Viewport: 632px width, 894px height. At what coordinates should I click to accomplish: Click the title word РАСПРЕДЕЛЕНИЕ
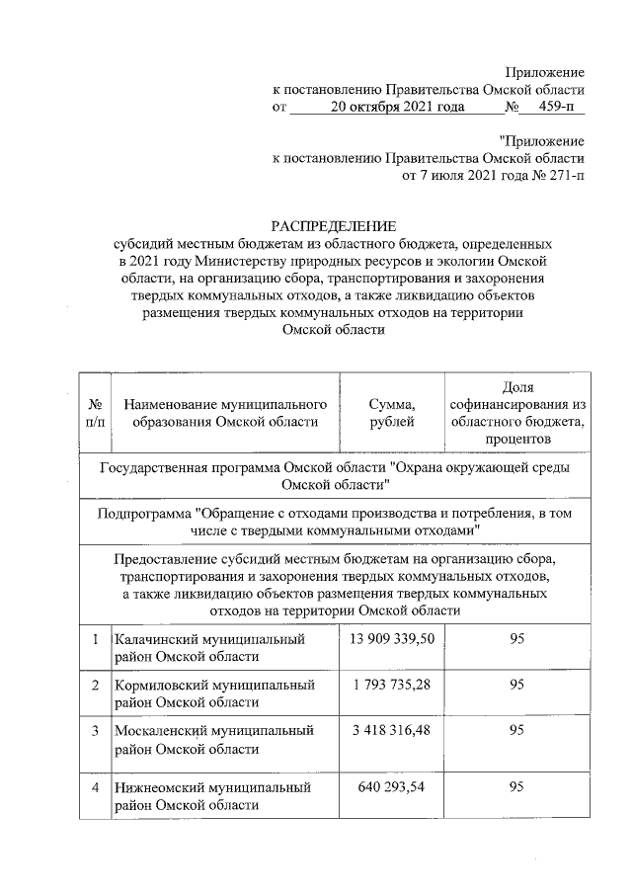click(330, 226)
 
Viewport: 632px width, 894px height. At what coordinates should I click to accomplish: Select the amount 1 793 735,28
click(391, 685)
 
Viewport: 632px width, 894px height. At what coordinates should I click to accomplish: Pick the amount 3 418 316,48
click(391, 731)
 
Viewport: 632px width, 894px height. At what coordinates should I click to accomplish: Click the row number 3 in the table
click(96, 731)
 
